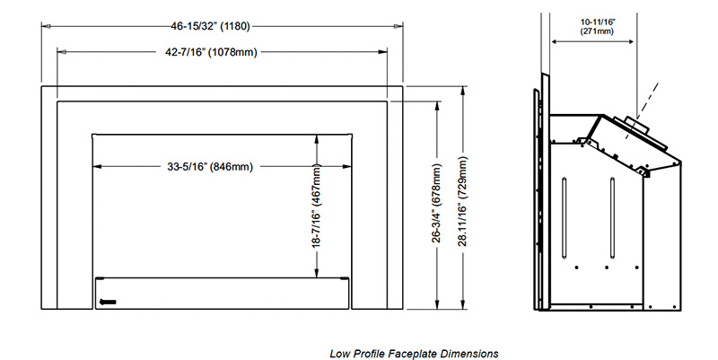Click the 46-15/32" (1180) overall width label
click(x=222, y=25)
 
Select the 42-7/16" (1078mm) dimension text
click(x=223, y=53)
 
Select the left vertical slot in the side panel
click(x=564, y=215)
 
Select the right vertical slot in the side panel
click(x=611, y=215)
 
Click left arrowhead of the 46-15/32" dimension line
click(x=45, y=25)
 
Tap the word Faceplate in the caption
click(x=425, y=353)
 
